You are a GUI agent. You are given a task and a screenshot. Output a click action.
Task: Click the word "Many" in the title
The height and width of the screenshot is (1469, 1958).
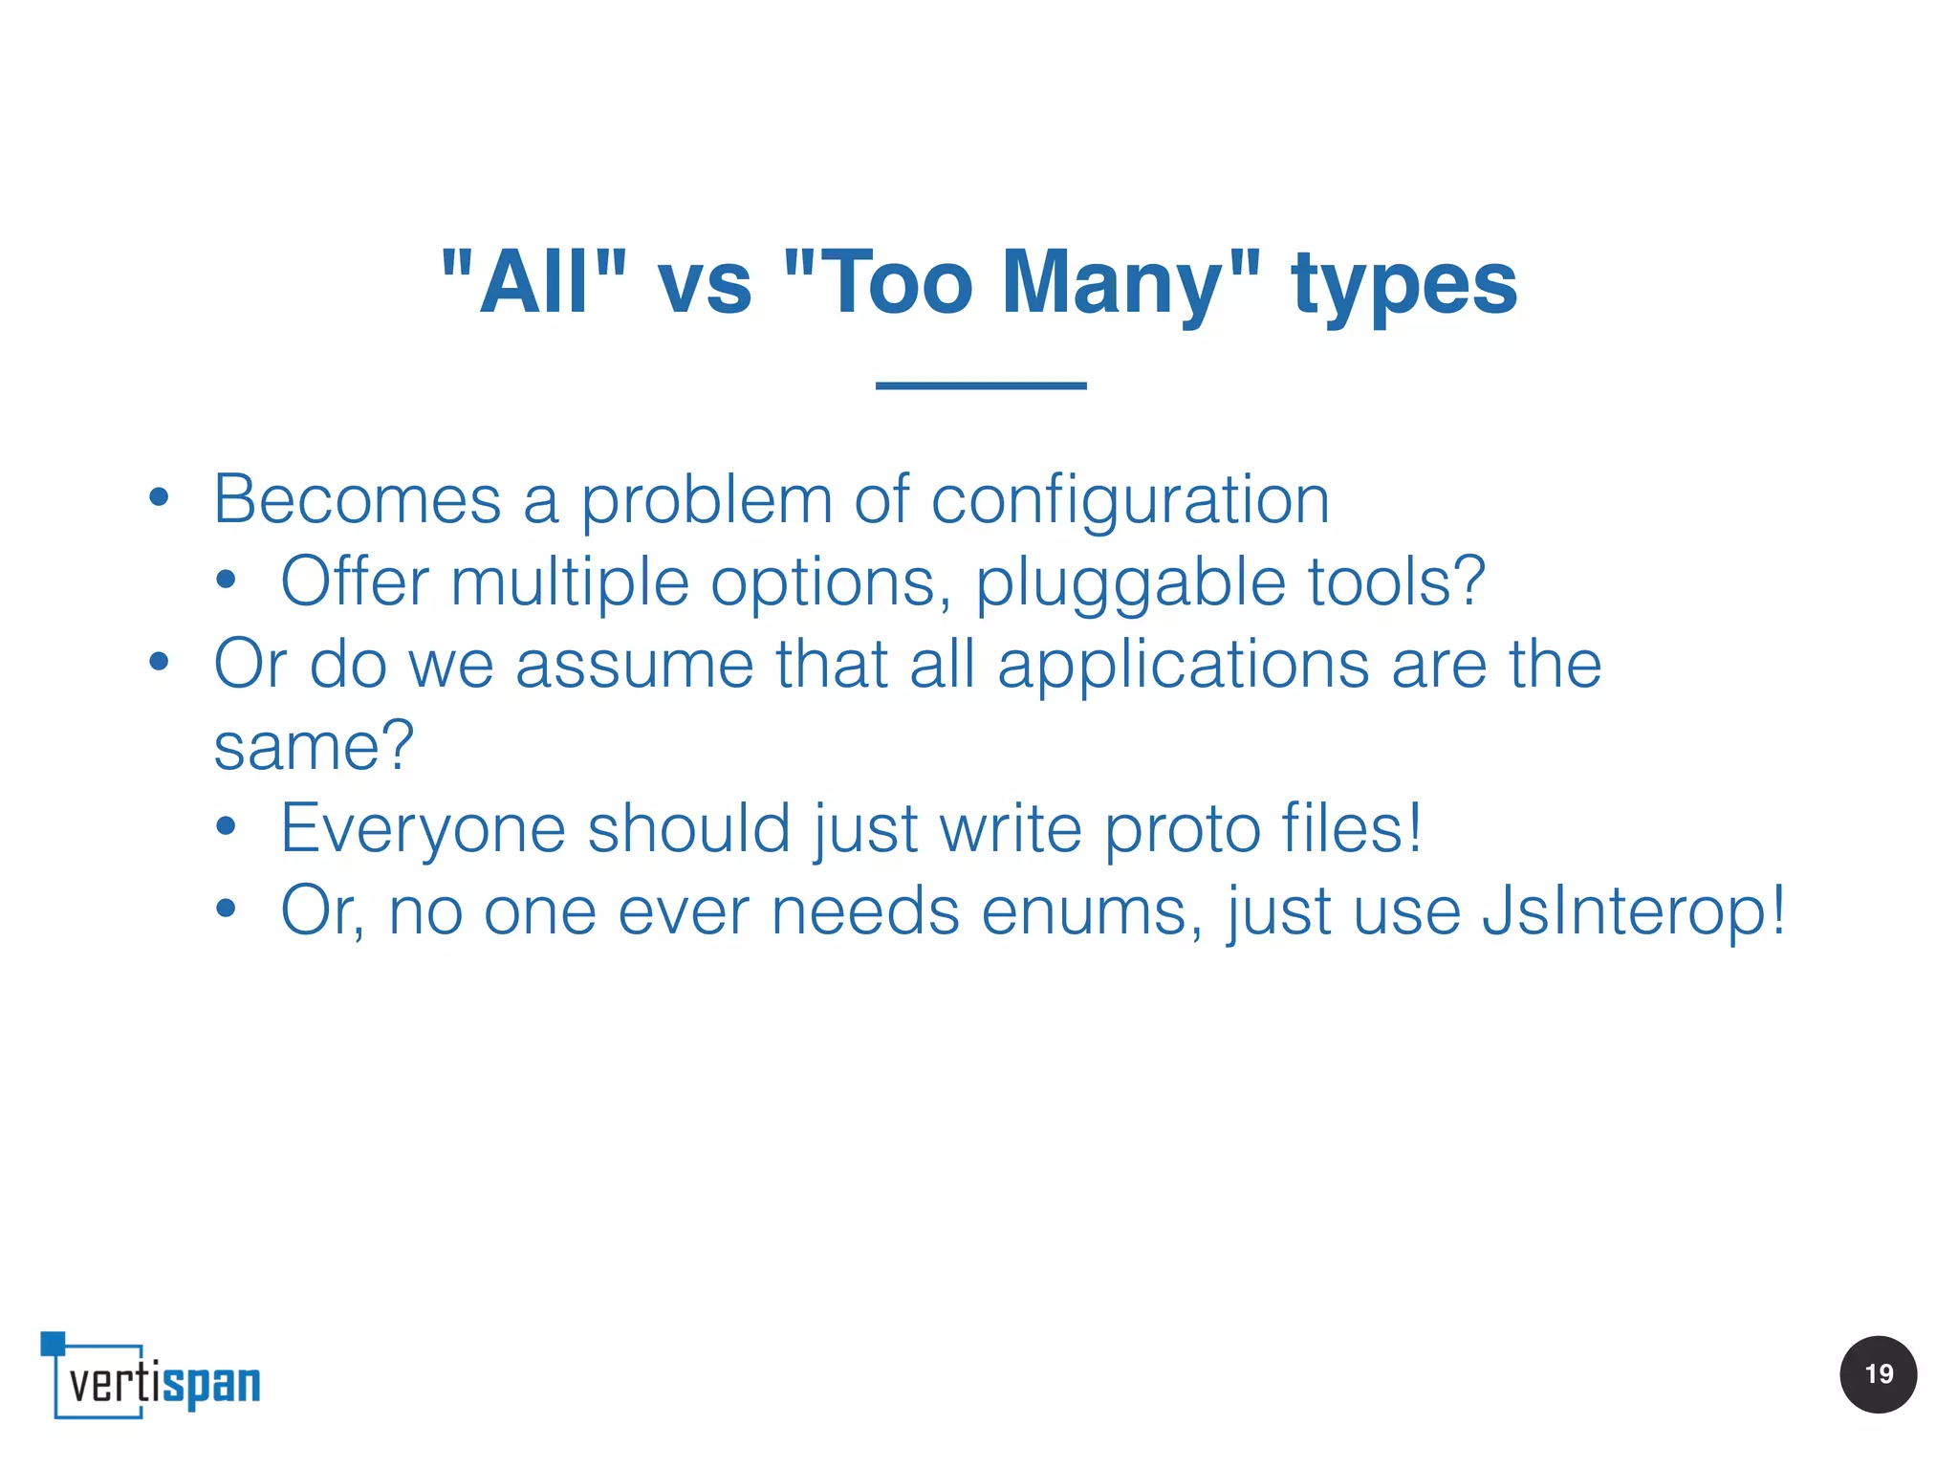pos(1111,282)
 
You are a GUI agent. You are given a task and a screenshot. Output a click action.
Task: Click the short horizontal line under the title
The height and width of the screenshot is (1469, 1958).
pos(981,385)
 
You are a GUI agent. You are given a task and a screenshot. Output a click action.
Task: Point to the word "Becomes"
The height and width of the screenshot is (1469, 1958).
pos(357,499)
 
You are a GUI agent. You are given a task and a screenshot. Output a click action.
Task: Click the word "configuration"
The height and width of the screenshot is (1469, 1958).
pos(1130,501)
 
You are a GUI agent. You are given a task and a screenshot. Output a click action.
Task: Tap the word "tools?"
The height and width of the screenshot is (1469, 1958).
pos(1397,581)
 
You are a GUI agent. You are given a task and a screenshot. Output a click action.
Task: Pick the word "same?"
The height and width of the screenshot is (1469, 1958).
pos(314,746)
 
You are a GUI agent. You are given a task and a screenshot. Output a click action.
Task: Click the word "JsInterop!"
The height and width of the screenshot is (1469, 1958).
pos(1633,911)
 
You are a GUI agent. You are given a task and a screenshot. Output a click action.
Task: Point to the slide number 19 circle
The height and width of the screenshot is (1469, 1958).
pos(1878,1374)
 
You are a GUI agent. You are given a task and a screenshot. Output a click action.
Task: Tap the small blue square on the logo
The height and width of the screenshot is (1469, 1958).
pos(53,1343)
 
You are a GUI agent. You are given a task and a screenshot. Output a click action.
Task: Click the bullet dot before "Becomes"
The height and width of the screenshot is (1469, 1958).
pos(159,497)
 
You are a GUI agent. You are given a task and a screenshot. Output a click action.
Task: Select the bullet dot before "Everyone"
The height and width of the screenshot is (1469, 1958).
pos(226,826)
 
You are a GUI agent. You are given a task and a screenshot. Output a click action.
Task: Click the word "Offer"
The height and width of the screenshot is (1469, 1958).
pos(355,581)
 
